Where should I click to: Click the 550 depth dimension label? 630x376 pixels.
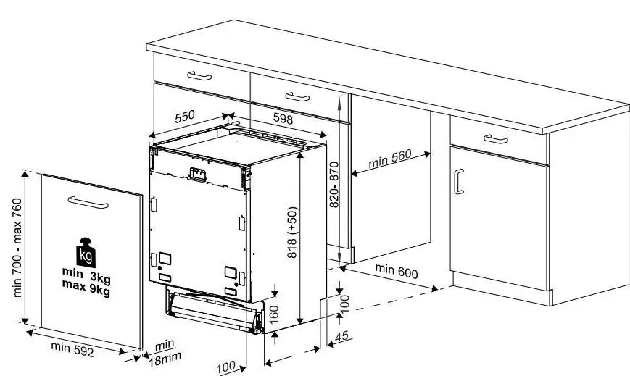click(x=186, y=115)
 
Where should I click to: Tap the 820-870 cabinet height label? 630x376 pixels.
click(x=334, y=185)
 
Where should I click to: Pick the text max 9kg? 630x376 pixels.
click(x=86, y=291)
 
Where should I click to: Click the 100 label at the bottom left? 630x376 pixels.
click(x=227, y=367)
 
